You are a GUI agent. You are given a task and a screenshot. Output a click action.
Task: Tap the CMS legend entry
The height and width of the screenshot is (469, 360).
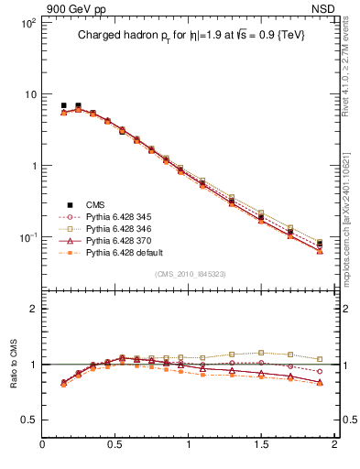tap(96, 204)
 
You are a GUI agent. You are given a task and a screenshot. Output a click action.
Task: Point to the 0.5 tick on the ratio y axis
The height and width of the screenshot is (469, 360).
tap(28, 420)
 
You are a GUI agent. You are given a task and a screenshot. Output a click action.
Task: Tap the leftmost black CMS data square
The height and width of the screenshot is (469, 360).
tap(63, 105)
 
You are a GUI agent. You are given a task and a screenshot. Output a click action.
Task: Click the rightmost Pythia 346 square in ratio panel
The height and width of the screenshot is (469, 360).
tap(320, 359)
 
